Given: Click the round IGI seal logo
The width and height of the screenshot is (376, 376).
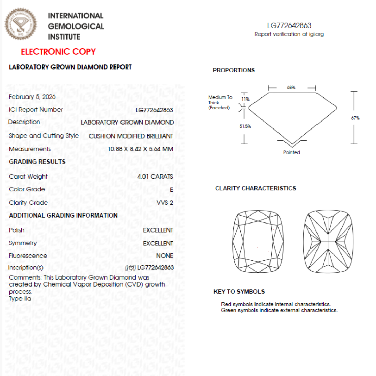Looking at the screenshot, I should tap(21, 24).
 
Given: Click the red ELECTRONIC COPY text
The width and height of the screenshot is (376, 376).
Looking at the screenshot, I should tap(58, 52).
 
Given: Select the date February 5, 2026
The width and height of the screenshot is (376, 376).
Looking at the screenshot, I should tap(32, 97).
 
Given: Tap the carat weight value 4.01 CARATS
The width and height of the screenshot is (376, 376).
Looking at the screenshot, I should tap(155, 177).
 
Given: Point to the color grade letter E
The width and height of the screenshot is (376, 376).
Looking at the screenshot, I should tap(171, 190).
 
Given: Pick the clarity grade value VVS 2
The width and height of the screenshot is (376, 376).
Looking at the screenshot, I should tap(165, 203).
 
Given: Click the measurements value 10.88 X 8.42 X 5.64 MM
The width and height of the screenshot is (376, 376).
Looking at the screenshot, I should tap(140, 149).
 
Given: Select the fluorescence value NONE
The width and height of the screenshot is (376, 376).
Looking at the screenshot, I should tap(164, 256).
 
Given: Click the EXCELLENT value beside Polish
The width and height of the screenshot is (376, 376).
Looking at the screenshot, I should tap(158, 230).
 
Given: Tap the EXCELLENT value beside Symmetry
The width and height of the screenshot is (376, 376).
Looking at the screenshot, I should tap(158, 243).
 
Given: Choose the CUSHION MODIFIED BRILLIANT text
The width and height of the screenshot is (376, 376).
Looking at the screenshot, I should tap(131, 136).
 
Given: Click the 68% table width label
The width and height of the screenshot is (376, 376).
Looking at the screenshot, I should tap(291, 87).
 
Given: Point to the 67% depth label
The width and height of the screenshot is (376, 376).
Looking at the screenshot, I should tap(355, 118).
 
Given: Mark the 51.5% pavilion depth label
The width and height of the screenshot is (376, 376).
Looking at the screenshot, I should tap(245, 126).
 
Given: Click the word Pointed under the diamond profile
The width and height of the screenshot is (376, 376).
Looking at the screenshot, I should tap(291, 152).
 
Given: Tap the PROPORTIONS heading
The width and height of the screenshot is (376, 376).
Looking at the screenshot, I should tap(234, 70).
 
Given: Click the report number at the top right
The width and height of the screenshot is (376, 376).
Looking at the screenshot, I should tap(289, 25).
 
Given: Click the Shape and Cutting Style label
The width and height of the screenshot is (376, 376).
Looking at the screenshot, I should tap(44, 136).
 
